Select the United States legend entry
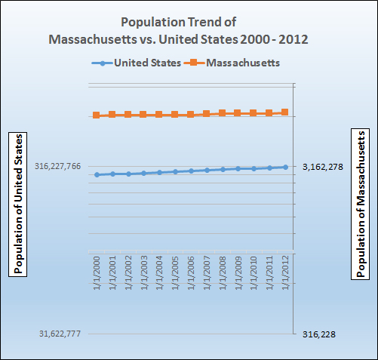point(136,63)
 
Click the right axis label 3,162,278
point(322,167)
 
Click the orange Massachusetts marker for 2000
point(97,115)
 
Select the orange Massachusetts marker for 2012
point(285,112)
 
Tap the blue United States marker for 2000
point(97,174)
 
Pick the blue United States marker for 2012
point(285,167)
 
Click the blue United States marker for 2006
point(191,171)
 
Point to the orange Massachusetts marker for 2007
point(207,114)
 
